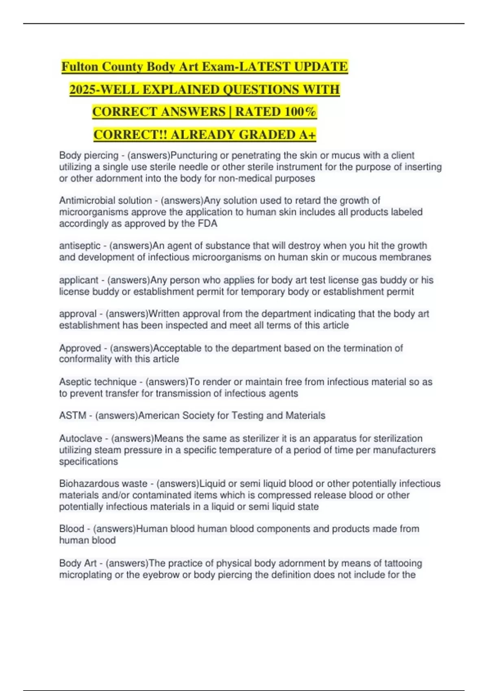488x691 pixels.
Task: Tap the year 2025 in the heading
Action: pos(83,89)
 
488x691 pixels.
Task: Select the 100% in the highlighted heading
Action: pos(300,112)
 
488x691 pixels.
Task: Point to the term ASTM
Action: pos(73,416)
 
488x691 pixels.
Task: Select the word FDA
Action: pos(207,224)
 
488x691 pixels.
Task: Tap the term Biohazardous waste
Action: pos(103,484)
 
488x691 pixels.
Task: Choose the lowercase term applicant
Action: pos(79,280)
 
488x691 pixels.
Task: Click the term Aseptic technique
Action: pos(98,382)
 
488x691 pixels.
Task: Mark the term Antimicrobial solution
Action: pos(106,200)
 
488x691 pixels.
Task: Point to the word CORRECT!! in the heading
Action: pos(131,135)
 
